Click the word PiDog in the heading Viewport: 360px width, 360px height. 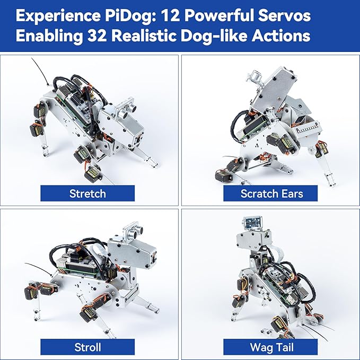pos(137,16)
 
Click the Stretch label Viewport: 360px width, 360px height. pos(88,194)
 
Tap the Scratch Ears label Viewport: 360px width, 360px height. pos(271,194)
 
